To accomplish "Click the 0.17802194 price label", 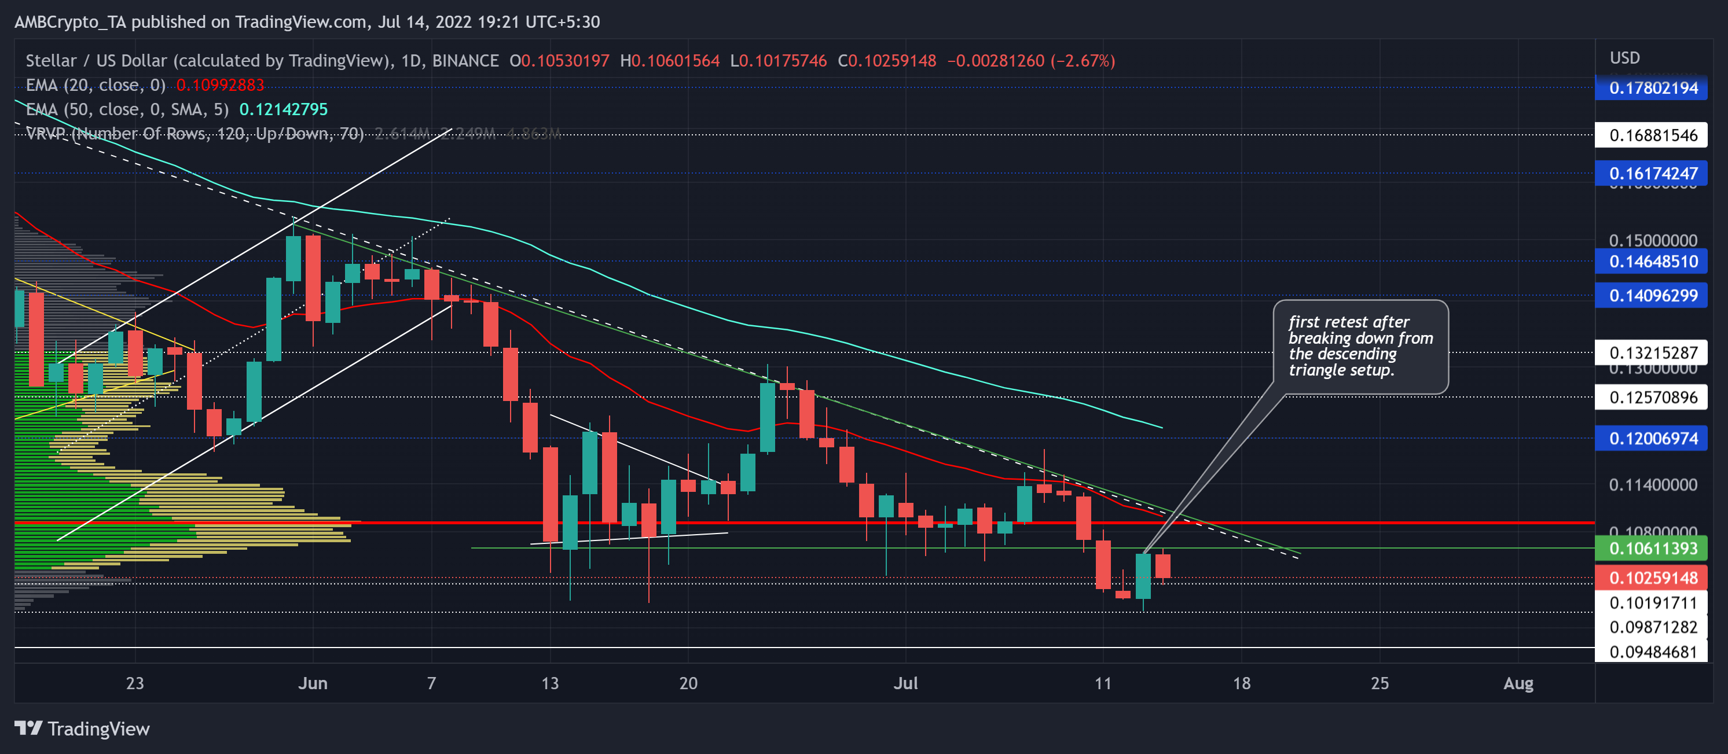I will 1652,88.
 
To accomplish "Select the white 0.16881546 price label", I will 1652,135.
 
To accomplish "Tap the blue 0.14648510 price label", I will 1652,262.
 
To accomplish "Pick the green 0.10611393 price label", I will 1652,549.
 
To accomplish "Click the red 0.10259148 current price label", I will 1652,578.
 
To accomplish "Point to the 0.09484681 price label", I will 1652,652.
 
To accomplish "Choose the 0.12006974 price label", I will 1652,439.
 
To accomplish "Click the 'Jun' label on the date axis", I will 313,683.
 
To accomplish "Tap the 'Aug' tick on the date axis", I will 1518,683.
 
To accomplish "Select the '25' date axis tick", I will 1379,683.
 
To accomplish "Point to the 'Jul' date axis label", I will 905,683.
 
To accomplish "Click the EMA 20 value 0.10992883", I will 220,85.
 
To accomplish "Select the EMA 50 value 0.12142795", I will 283,109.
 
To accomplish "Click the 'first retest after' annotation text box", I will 1360,346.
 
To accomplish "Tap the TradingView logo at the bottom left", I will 82,729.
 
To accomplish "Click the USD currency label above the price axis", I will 1625,58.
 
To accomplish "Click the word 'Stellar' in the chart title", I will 50,61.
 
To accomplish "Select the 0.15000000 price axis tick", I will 1652,240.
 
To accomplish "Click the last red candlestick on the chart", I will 1162,565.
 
